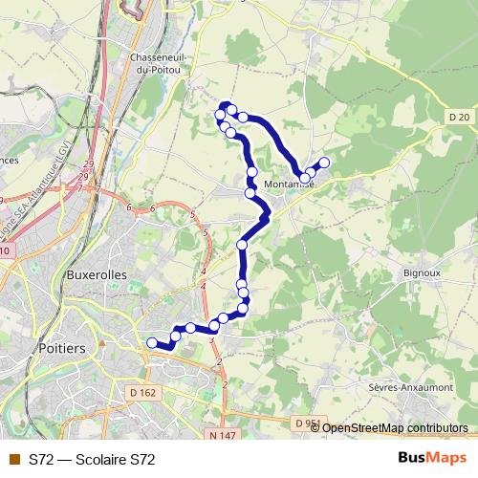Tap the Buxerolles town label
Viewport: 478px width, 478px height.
point(98,273)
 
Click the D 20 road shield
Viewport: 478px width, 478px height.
point(458,117)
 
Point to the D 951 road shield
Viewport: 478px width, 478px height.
point(307,424)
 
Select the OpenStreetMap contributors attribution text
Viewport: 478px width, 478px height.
point(394,427)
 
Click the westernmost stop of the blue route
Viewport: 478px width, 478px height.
point(152,343)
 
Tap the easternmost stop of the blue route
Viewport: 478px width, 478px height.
point(324,163)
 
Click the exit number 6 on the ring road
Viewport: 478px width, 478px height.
point(128,206)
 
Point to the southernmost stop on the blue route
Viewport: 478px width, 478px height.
point(152,343)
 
